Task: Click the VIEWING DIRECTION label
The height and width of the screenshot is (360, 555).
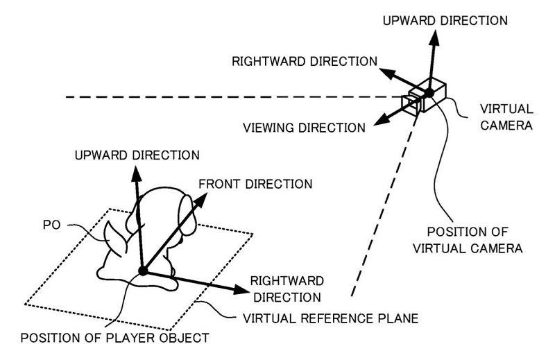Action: coord(304,128)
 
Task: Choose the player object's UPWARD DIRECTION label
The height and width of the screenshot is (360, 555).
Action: coord(137,153)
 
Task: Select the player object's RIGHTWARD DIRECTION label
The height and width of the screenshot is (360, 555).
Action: coord(286,289)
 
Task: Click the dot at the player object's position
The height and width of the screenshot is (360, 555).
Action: coord(143,271)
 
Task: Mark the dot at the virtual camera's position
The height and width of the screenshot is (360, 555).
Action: coord(429,93)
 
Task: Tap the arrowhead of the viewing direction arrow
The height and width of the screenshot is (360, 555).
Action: coord(379,123)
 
